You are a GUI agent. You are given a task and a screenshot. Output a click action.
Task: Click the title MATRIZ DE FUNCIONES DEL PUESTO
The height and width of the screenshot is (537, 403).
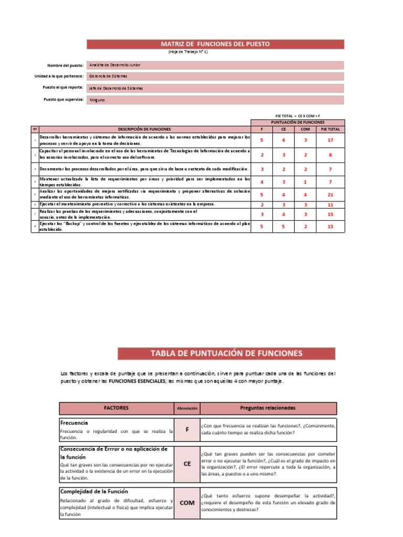point(215,44)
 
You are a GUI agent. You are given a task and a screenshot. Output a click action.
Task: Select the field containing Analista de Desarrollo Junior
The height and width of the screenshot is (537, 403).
point(216,65)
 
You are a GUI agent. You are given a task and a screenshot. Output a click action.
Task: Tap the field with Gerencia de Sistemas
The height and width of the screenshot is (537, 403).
point(216,77)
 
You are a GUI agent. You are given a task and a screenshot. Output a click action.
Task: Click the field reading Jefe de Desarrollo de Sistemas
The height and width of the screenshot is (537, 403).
point(216,88)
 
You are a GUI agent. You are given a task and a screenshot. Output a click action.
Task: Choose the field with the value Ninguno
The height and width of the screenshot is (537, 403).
point(216,100)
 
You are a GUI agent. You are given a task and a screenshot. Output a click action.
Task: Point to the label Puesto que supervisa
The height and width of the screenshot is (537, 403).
point(64,99)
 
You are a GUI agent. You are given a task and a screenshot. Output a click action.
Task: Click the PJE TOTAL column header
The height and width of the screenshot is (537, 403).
point(330,129)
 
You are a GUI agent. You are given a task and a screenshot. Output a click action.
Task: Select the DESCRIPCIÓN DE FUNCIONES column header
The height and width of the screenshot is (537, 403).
point(144,129)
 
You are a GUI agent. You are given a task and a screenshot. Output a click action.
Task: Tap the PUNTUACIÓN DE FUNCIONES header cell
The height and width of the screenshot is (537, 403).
point(298,122)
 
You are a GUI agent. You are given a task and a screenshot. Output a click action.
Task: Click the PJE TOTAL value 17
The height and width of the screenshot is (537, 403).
point(330,140)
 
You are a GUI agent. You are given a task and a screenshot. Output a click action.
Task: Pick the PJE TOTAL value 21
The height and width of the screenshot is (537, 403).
point(330,194)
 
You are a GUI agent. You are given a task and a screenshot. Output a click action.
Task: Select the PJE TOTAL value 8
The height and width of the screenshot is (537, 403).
point(330,155)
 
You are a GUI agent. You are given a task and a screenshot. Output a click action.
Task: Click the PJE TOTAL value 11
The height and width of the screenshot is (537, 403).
point(330,205)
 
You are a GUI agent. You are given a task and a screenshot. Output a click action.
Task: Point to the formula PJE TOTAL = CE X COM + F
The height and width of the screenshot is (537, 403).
point(298,115)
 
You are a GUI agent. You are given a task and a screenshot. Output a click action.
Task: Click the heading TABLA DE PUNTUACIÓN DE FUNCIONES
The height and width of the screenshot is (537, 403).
point(226,353)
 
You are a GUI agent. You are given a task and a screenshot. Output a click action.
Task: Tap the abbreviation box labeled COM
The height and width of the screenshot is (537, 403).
point(187,502)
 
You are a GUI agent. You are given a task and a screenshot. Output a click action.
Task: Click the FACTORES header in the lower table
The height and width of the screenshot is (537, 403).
point(116,408)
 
